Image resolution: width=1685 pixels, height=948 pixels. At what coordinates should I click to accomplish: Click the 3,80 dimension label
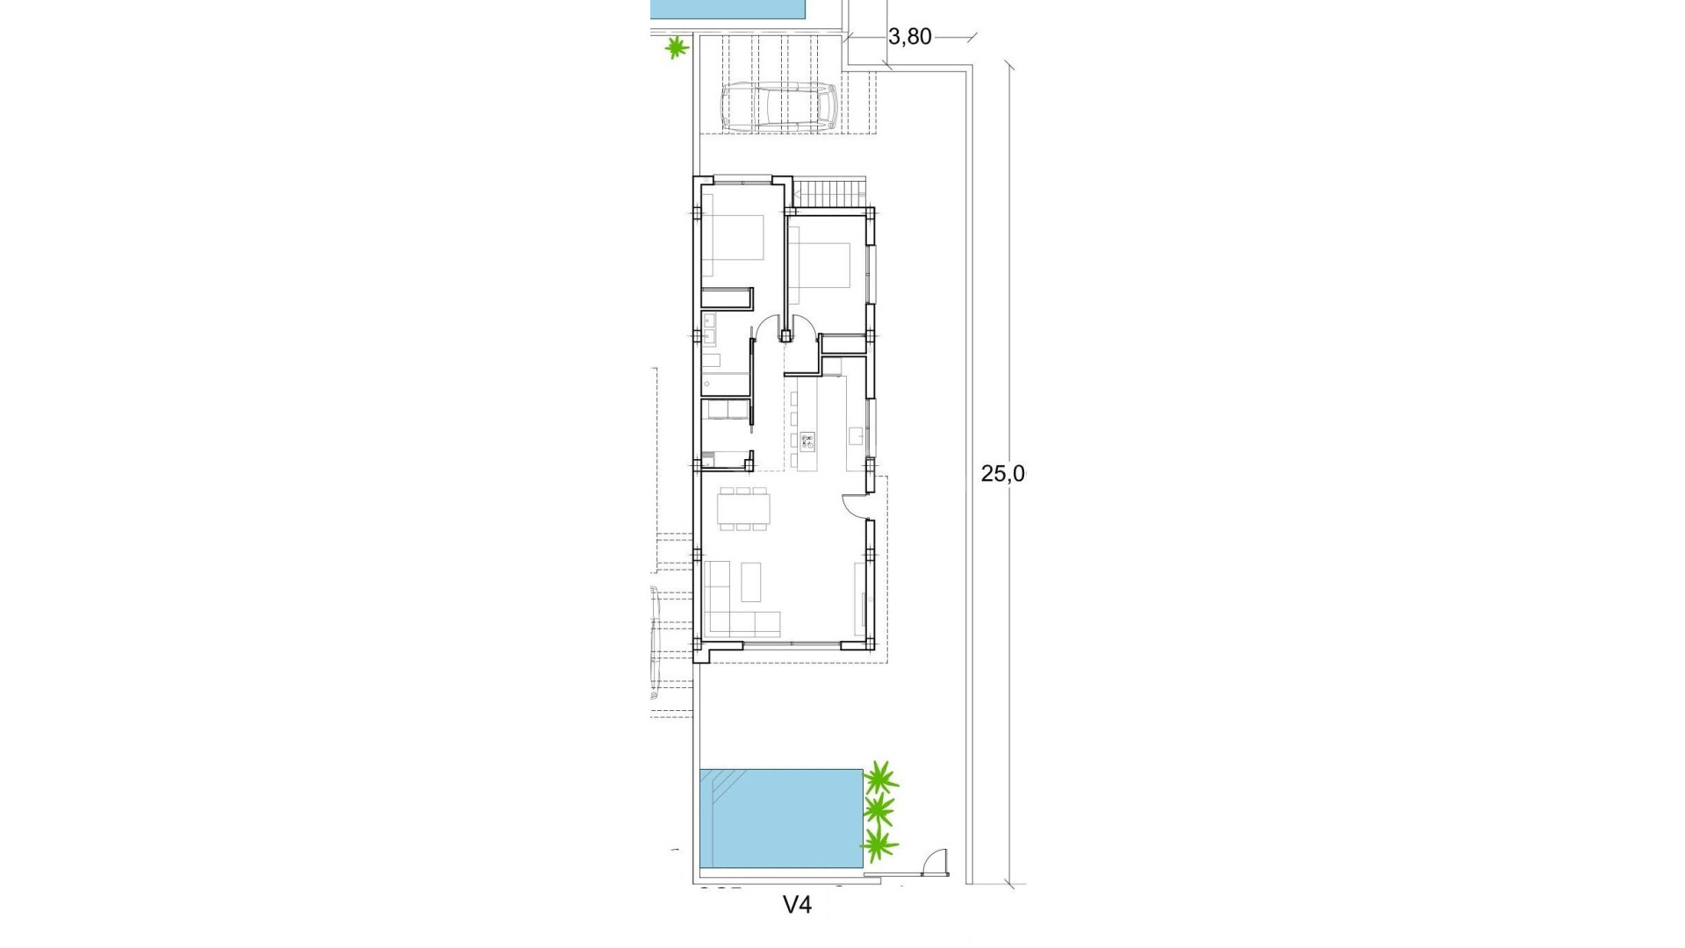pyautogui.click(x=909, y=37)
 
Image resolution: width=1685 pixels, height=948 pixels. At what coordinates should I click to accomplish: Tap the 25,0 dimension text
pyautogui.click(x=1002, y=474)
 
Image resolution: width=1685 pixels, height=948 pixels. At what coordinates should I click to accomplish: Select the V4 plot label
pyautogui.click(x=797, y=905)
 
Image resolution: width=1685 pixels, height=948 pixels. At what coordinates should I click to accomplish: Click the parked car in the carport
pyautogui.click(x=778, y=107)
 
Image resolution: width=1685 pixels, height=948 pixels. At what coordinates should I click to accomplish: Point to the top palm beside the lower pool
pyautogui.click(x=880, y=778)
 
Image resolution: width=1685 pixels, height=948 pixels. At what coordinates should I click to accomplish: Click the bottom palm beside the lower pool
pyautogui.click(x=879, y=844)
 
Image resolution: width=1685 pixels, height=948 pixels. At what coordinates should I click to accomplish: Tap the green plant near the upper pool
pyautogui.click(x=676, y=47)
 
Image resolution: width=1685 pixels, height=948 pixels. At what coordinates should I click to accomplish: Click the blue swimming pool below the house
pyautogui.click(x=780, y=817)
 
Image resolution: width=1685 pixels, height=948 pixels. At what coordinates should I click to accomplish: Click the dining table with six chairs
pyautogui.click(x=744, y=508)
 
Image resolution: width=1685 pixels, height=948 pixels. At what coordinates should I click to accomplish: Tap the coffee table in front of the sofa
pyautogui.click(x=751, y=581)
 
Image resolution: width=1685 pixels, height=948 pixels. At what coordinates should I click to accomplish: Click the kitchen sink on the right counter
pyautogui.click(x=856, y=436)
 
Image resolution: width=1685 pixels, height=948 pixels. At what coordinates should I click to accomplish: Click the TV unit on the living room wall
pyautogui.click(x=859, y=597)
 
